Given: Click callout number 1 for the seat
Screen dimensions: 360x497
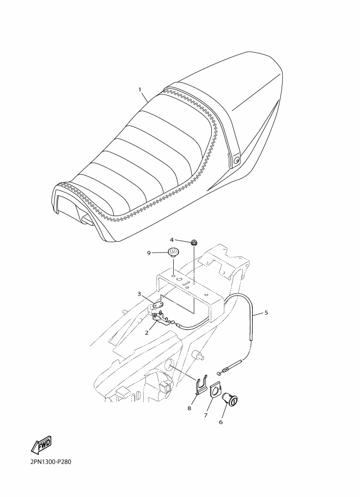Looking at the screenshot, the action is [139, 90].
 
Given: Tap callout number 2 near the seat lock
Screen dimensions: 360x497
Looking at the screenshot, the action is [147, 333].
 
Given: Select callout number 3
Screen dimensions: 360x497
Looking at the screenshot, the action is [139, 294].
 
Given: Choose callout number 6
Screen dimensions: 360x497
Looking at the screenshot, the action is [221, 422].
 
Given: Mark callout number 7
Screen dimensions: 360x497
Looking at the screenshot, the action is [205, 415].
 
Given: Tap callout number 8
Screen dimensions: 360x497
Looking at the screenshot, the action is [189, 408].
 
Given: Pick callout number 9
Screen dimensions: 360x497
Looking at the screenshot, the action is [149, 253].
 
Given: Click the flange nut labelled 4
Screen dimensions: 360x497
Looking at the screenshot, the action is [193, 243].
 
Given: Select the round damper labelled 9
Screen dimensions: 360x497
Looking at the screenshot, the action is [173, 253].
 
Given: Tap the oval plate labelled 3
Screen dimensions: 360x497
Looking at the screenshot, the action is [157, 305].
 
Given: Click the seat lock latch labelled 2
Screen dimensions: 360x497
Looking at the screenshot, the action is [161, 319].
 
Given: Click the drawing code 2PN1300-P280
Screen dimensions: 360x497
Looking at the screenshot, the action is [51, 470].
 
